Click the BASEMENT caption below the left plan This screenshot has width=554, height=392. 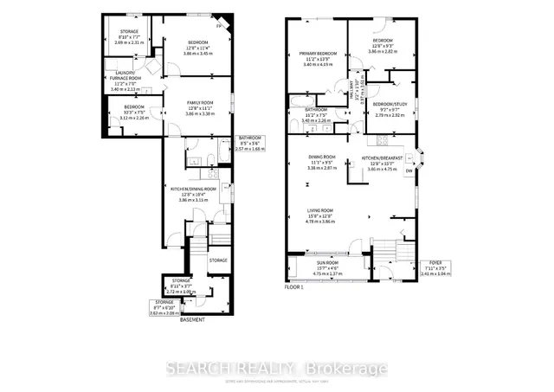point(191,320)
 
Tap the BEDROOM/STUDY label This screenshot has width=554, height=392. point(387,104)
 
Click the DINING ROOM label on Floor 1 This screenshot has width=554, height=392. point(321,156)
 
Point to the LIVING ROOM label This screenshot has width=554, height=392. point(321,209)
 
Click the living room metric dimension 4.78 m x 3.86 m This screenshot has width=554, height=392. point(321,221)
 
